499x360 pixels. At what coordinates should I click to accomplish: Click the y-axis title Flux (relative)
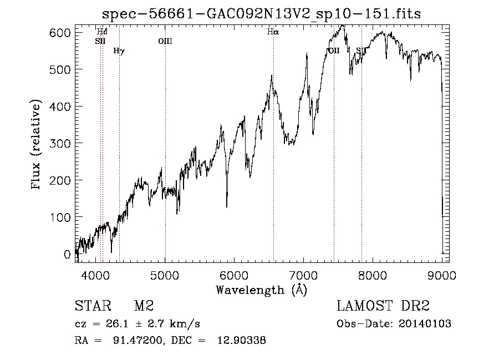pos(37,145)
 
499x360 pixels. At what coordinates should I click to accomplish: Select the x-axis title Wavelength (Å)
pos(261,290)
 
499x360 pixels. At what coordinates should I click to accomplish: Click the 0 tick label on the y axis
pos(68,254)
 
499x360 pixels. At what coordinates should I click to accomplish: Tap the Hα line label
pos(273,32)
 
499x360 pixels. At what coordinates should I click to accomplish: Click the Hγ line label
pos(119,51)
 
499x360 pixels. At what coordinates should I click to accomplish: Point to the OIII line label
pos(165,41)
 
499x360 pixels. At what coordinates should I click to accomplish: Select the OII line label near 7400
pos(333,51)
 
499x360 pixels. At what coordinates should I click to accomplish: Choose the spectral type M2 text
pos(143,306)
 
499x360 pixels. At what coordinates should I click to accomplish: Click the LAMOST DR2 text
pos(383,306)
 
